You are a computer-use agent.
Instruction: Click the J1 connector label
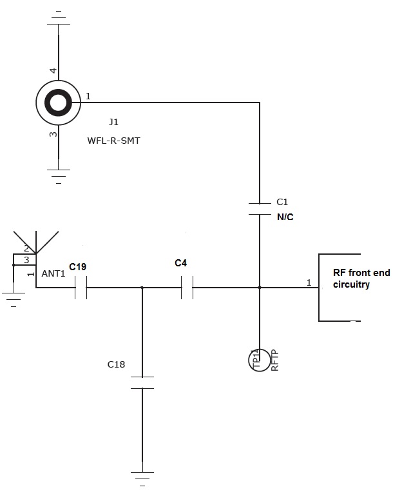pyautogui.click(x=114, y=121)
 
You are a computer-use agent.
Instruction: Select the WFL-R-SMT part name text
pyautogui.click(x=113, y=140)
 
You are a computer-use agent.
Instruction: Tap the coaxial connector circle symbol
pyautogui.click(x=59, y=103)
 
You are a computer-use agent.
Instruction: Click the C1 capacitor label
pyautogui.click(x=282, y=202)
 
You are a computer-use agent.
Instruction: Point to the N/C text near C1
pyautogui.click(x=285, y=217)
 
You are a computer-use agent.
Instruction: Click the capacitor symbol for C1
pyautogui.click(x=260, y=208)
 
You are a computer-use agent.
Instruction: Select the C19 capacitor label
pyautogui.click(x=77, y=267)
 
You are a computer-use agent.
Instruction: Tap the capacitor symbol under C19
pyautogui.click(x=81, y=288)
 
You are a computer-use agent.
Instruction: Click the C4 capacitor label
pyautogui.click(x=181, y=263)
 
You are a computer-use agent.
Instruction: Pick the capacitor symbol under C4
pyautogui.click(x=187, y=288)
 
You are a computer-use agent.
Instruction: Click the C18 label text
pyautogui.click(x=116, y=364)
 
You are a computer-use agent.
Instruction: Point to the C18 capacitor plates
pyautogui.click(x=142, y=382)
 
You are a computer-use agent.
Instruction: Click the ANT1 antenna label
pyautogui.click(x=53, y=273)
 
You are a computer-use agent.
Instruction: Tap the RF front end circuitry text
pyautogui.click(x=361, y=278)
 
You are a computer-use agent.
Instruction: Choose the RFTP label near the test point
pyautogui.click(x=275, y=360)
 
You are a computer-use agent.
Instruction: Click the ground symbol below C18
pyautogui.click(x=142, y=478)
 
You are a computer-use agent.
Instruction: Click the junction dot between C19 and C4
pyautogui.click(x=142, y=288)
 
